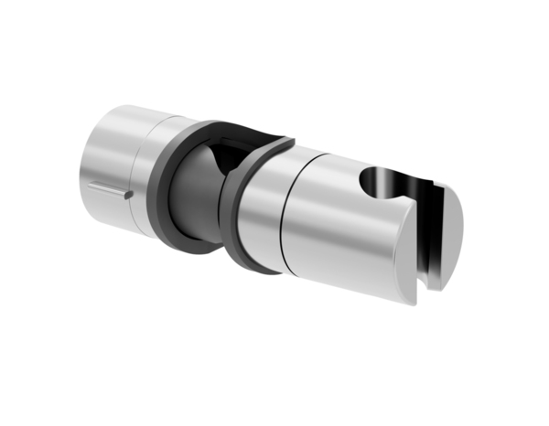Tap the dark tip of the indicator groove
(x=131, y=194)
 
